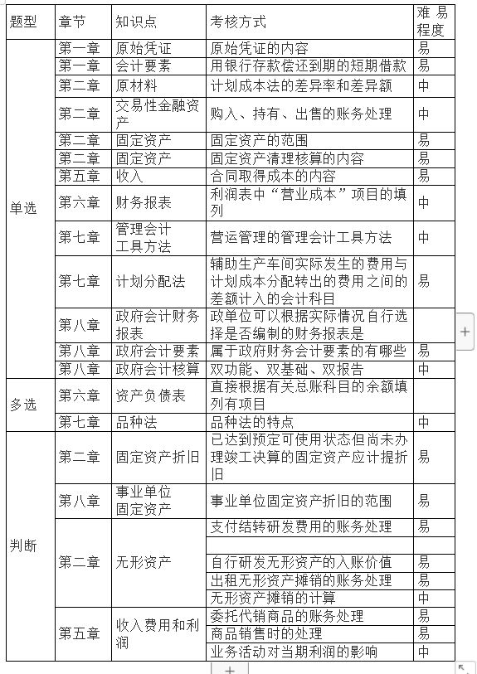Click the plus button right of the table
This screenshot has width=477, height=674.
click(x=465, y=331)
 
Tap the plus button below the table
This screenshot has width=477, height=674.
click(x=229, y=668)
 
